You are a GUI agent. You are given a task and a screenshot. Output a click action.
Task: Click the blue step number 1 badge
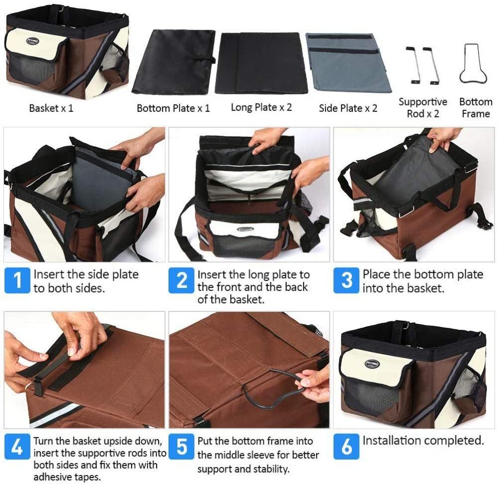[x=17, y=281]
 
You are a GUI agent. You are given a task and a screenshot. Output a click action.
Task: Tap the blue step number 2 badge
[x=181, y=280]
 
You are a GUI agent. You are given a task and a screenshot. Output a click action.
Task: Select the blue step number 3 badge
[x=346, y=280]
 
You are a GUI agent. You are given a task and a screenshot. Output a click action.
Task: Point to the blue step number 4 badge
[x=17, y=447]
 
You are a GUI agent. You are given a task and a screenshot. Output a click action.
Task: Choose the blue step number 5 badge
[x=181, y=447]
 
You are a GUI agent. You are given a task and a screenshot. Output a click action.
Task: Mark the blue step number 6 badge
[x=346, y=447]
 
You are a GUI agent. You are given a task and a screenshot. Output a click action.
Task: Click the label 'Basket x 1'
[x=51, y=108]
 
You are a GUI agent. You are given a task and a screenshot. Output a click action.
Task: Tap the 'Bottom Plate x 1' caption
[x=173, y=108]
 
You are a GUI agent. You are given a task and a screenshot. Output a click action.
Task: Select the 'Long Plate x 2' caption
[x=261, y=107]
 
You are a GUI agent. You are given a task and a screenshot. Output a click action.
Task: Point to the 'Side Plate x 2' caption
[x=348, y=108]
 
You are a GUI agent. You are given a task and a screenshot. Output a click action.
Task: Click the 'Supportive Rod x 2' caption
[x=423, y=107]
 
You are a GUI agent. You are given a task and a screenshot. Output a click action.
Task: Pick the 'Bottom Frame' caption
[x=476, y=107]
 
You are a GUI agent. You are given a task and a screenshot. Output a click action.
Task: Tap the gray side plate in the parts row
[x=348, y=62]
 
